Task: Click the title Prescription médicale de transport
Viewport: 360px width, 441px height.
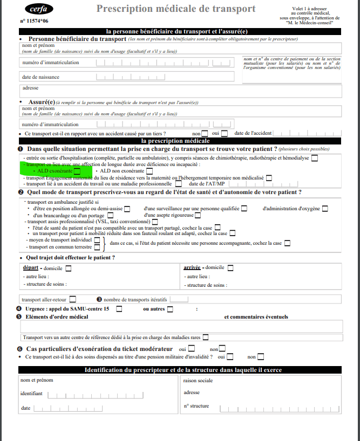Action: click(x=175, y=9)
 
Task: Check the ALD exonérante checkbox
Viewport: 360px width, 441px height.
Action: click(x=77, y=171)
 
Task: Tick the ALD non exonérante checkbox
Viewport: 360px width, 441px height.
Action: click(x=149, y=171)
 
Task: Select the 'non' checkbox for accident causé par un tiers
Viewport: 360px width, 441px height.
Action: click(x=205, y=133)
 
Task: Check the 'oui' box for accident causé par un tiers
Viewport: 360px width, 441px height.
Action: click(x=224, y=133)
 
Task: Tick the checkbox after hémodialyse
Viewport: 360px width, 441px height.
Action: click(x=315, y=158)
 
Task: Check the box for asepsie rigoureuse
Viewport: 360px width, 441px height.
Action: click(x=197, y=215)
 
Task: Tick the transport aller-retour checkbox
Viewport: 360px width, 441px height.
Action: click(x=72, y=299)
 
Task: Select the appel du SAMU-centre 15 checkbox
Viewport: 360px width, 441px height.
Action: click(x=119, y=309)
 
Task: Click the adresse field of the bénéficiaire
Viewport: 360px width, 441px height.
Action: click(x=181, y=91)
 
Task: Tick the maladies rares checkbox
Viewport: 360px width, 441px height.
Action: click(x=206, y=337)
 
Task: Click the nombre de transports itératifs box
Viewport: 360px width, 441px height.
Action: click(x=179, y=299)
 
